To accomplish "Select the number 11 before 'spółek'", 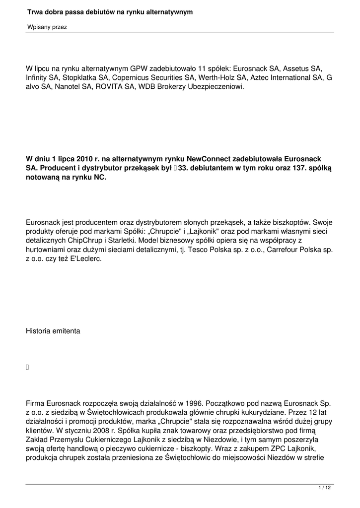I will [202, 68].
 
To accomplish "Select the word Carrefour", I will [284, 251].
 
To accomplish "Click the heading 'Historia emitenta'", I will [53, 331].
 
